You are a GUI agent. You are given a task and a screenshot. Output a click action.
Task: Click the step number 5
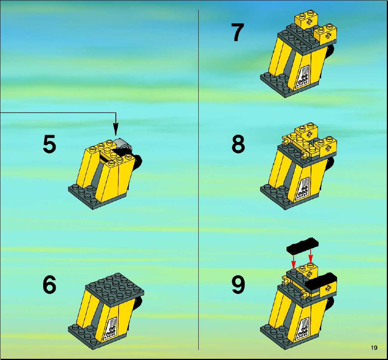(49, 144)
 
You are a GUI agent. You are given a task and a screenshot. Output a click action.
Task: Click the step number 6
(49, 285)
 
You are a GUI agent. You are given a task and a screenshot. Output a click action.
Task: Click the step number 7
(238, 32)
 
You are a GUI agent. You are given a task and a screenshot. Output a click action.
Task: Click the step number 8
(238, 144)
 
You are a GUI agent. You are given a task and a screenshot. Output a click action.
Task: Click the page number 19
(374, 348)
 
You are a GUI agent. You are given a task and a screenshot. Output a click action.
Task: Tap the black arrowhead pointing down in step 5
(115, 129)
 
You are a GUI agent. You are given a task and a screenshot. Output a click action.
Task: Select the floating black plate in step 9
(302, 245)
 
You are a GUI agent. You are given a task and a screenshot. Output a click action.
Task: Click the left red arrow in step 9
(293, 263)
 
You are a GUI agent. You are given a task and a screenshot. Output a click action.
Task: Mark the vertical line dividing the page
(198, 180)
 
